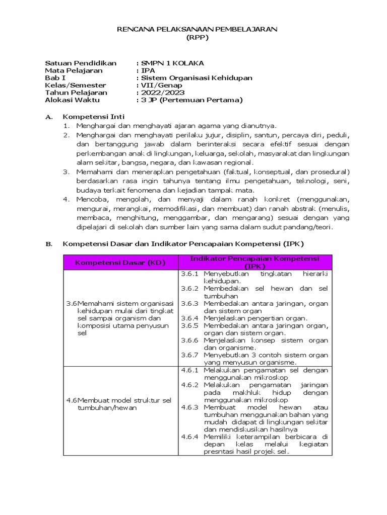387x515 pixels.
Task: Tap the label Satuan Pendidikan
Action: [x=81, y=63]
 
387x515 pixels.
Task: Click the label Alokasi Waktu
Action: [x=73, y=100]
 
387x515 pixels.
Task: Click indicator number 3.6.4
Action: [x=190, y=318]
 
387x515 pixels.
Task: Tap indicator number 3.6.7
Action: [x=190, y=355]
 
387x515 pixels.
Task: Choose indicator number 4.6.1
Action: [x=190, y=370]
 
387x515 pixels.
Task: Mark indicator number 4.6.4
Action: [x=190, y=436]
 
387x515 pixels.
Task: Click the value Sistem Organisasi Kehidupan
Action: [x=197, y=78]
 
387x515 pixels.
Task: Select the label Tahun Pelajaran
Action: [x=76, y=93]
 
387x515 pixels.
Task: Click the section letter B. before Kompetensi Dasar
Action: [x=49, y=244]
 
